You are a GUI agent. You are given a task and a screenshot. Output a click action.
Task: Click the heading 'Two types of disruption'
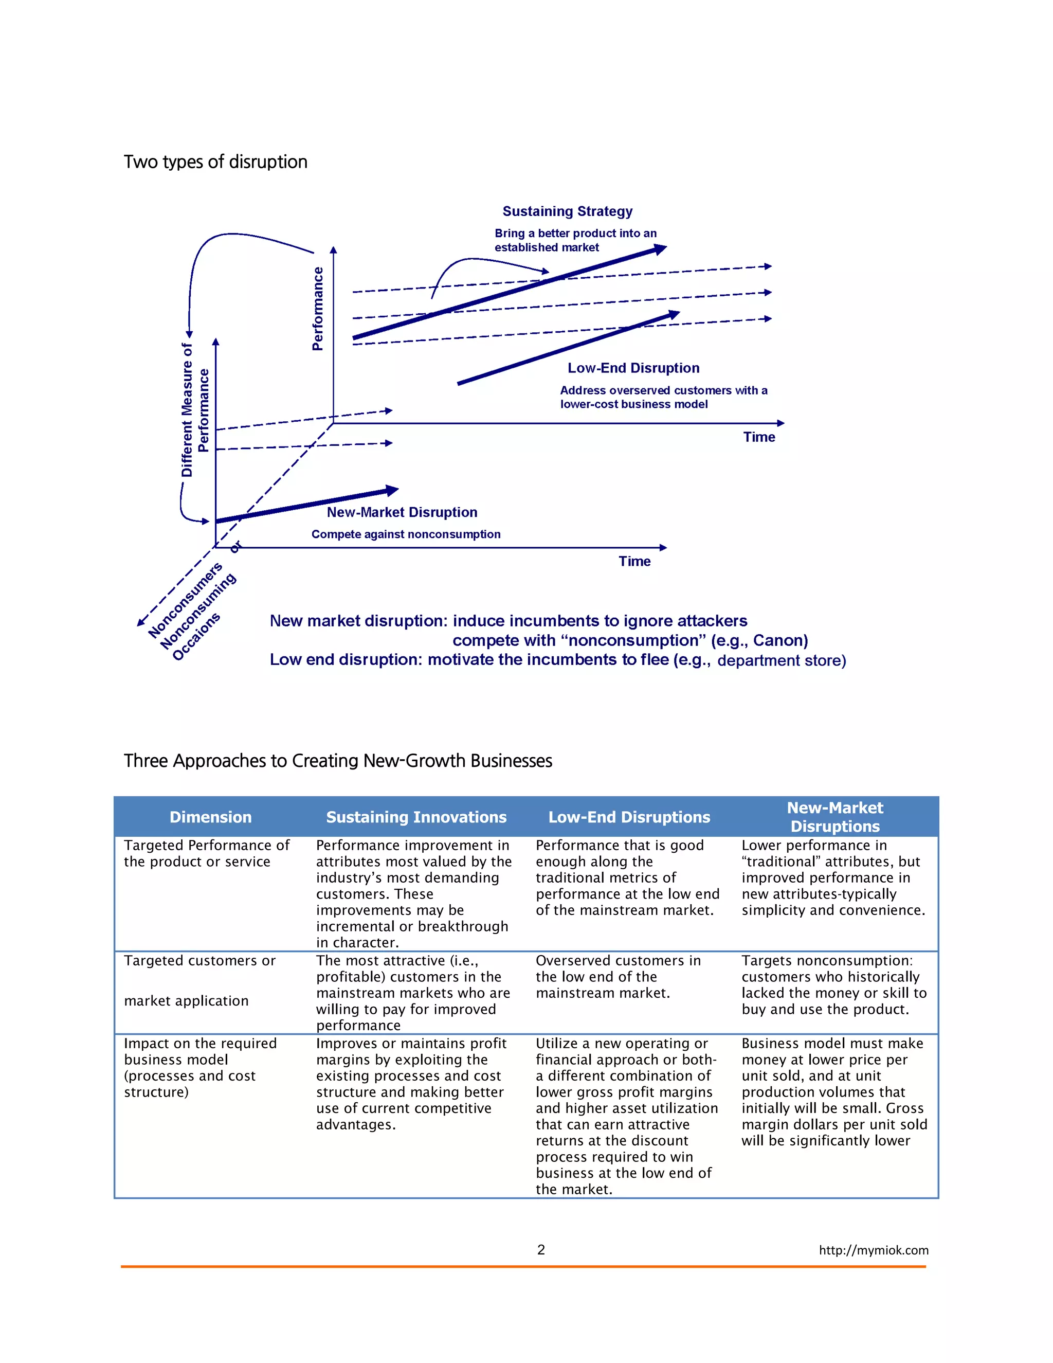click(x=215, y=162)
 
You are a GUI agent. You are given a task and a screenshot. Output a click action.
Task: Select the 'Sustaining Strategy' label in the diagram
click(x=567, y=211)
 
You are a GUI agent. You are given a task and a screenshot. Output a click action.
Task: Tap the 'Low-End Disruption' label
click(x=633, y=368)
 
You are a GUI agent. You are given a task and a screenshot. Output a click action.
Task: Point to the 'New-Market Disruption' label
click(x=402, y=512)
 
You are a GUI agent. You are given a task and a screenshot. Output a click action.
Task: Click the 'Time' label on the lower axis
click(x=634, y=562)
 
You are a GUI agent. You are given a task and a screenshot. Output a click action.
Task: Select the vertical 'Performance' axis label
click(x=318, y=309)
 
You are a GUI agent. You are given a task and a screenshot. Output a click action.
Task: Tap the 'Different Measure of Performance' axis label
click(x=195, y=410)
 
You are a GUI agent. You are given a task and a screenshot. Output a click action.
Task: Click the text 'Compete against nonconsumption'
click(x=406, y=535)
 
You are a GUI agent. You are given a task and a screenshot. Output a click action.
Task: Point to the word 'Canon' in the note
click(x=778, y=641)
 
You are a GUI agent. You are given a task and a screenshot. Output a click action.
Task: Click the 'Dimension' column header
click(x=211, y=817)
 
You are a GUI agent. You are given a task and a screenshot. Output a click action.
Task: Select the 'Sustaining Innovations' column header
click(x=416, y=817)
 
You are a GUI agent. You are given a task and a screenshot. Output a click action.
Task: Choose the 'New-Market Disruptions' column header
click(x=834, y=817)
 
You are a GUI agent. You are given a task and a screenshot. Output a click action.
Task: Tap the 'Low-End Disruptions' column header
click(x=629, y=817)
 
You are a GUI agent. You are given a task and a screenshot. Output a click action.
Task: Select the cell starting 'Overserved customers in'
click(x=618, y=977)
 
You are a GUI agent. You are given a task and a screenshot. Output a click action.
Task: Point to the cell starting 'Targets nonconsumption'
click(x=833, y=985)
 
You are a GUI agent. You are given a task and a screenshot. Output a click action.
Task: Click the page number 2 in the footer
click(x=541, y=1249)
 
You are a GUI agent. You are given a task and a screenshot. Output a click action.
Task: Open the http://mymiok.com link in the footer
click(x=874, y=1250)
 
